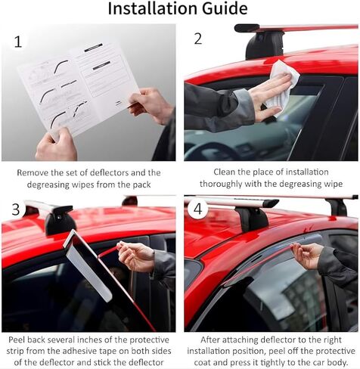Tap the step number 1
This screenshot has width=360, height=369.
17,42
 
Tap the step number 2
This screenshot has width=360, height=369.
198,39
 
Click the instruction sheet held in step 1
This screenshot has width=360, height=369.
76,87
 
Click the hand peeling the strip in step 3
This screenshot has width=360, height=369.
136,257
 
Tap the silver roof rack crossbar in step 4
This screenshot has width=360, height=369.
227,202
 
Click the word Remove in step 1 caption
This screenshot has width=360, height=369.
34,172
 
